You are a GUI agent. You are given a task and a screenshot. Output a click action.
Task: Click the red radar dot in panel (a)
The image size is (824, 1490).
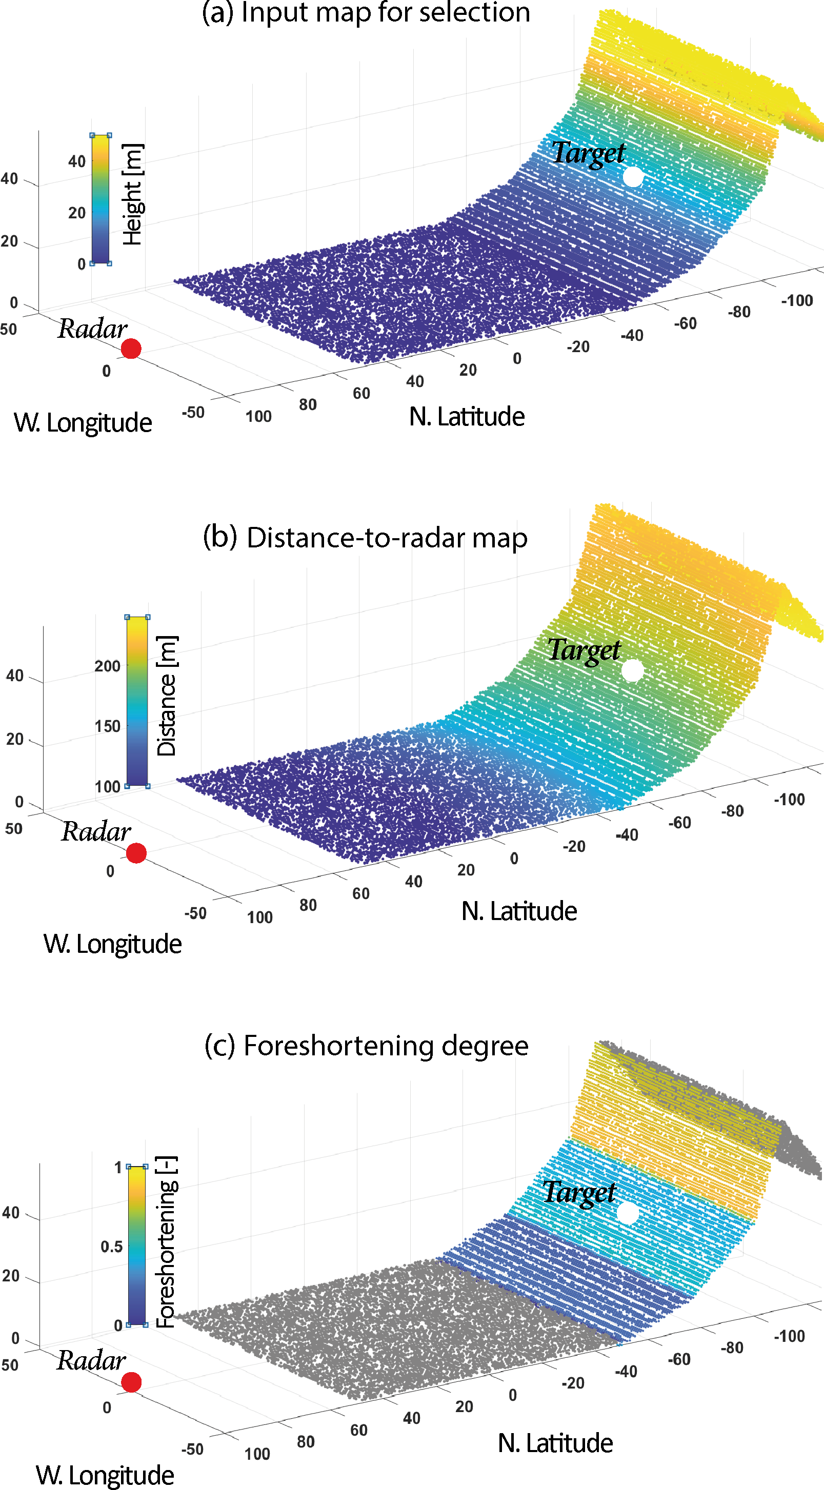pyautogui.click(x=131, y=349)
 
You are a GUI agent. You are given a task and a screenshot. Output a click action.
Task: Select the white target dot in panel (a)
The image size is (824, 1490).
pyautogui.click(x=633, y=177)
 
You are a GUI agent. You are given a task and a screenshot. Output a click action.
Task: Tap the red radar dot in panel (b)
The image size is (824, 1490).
pyautogui.click(x=136, y=853)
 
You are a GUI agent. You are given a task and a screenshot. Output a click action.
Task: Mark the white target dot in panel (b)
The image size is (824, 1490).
pyautogui.click(x=632, y=671)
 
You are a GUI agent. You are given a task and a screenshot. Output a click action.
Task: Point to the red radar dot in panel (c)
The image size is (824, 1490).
pyautogui.click(x=131, y=1382)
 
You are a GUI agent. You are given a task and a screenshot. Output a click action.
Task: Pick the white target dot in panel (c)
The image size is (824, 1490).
pyautogui.click(x=627, y=1213)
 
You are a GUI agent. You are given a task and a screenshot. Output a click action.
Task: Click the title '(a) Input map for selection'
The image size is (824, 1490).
pyautogui.click(x=366, y=13)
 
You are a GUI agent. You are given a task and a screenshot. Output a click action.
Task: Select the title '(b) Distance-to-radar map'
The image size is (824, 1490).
pyautogui.click(x=365, y=537)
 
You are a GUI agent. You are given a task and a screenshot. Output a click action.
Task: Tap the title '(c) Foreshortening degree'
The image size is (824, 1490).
pyautogui.click(x=366, y=1045)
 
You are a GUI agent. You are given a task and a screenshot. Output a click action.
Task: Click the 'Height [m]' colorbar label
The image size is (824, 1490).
pyautogui.click(x=132, y=194)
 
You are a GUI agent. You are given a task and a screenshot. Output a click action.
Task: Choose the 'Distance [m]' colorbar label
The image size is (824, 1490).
pyautogui.click(x=167, y=696)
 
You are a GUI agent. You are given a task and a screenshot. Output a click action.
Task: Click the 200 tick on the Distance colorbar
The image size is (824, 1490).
pyautogui.click(x=108, y=666)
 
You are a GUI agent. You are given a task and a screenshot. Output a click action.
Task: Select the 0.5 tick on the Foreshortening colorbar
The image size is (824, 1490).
pyautogui.click(x=111, y=1246)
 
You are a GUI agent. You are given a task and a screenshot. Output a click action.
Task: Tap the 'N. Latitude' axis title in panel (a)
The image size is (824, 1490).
pyautogui.click(x=467, y=417)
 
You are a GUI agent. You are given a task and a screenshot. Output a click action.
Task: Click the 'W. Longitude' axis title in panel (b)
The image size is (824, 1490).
pyautogui.click(x=113, y=944)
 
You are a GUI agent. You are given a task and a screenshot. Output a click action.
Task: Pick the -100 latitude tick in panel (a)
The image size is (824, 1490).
pyautogui.click(x=797, y=301)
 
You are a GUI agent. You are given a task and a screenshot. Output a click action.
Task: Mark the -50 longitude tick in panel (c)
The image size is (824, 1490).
pyautogui.click(x=193, y=1449)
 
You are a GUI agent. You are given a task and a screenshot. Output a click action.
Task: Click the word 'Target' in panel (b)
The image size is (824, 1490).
pyautogui.click(x=584, y=650)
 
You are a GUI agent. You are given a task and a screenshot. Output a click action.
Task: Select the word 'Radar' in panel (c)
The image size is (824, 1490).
pyautogui.click(x=91, y=1360)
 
